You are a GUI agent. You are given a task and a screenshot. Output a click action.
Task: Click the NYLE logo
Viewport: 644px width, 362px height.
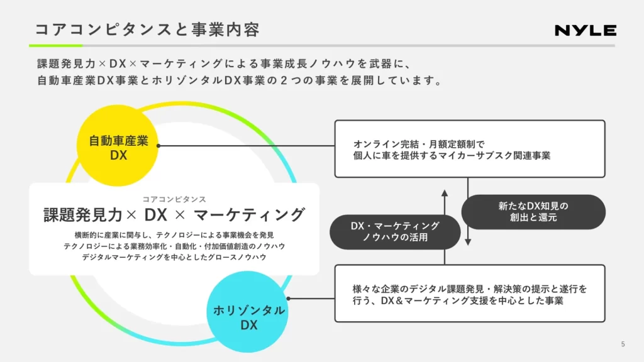tap(585, 30)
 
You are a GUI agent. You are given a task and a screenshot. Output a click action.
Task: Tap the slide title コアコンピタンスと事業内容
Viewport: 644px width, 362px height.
tap(147, 30)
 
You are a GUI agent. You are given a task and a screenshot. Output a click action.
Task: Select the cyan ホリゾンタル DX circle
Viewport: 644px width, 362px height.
tap(248, 317)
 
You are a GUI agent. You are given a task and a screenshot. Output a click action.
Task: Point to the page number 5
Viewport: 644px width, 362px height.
tap(623, 344)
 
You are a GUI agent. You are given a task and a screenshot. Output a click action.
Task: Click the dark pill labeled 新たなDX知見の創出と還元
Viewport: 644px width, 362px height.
tap(533, 212)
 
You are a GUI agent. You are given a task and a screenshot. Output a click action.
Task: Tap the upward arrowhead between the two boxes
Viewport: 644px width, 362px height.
tap(444, 193)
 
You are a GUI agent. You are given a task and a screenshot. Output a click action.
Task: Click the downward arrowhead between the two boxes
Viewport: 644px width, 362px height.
tap(468, 241)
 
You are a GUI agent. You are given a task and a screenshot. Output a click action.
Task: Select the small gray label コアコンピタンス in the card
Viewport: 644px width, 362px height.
tap(174, 199)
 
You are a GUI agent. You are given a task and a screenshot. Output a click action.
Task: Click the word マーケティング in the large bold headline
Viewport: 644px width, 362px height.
tap(249, 215)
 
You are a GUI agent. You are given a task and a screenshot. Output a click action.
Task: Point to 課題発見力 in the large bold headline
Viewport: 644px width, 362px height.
tap(82, 215)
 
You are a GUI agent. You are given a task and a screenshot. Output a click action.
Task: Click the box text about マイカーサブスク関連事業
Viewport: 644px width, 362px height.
tap(452, 150)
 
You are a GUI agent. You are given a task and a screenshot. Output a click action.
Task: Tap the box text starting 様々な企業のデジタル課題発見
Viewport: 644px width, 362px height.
tap(470, 295)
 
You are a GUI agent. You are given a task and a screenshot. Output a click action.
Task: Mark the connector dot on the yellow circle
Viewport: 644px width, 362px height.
tap(158, 145)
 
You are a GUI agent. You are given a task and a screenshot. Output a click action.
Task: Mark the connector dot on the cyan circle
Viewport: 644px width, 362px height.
tap(288, 299)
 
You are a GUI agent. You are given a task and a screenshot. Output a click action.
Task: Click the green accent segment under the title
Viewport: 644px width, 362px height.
tap(55, 45)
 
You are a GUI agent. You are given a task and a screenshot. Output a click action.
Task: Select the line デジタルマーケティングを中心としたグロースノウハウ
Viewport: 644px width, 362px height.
tap(174, 257)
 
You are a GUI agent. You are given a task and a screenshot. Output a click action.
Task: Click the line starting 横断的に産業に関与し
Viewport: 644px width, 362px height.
tap(174, 235)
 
